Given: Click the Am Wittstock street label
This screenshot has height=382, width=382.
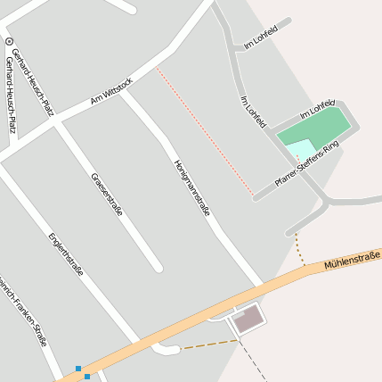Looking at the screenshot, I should [111, 92].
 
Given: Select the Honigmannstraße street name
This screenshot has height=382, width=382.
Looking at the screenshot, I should [191, 188].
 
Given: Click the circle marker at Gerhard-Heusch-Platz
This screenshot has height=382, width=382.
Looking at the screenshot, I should [9, 41].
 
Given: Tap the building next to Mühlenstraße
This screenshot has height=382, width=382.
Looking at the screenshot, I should [248, 319].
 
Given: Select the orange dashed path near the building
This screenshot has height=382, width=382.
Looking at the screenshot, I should [208, 344].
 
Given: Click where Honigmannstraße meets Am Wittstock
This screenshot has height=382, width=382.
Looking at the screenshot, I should [125, 93].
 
